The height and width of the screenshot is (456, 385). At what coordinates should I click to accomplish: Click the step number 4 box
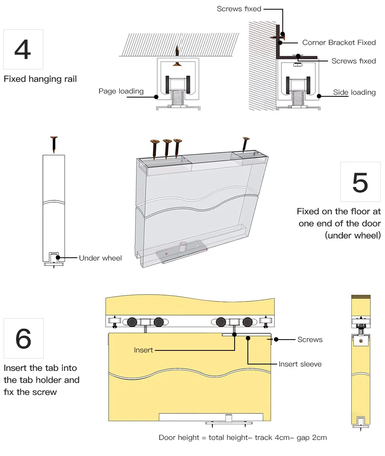click(23, 49)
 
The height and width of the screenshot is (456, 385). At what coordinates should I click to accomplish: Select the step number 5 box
click(360, 182)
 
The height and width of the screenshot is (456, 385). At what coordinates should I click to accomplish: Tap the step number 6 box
click(23, 338)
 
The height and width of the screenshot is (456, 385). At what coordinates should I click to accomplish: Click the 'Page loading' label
click(121, 91)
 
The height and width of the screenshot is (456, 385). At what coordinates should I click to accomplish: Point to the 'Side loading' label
click(354, 92)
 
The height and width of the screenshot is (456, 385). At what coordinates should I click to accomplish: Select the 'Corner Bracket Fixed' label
click(339, 43)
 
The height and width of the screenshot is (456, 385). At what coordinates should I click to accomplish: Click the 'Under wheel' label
click(100, 258)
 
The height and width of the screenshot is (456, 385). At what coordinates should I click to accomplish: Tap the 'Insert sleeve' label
click(300, 364)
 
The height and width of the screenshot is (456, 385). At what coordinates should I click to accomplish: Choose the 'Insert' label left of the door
click(144, 350)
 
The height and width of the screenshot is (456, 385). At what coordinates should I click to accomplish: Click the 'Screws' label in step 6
click(310, 340)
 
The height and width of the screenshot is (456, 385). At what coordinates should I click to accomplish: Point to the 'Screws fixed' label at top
click(239, 9)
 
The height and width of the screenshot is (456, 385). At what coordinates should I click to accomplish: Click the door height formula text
click(243, 438)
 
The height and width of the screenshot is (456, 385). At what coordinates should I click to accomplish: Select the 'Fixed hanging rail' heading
click(40, 79)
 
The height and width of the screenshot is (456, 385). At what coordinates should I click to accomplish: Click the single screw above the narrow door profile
click(54, 144)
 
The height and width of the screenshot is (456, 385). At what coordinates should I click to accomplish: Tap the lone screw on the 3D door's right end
click(245, 144)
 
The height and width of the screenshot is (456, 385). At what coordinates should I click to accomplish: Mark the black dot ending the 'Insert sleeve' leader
click(248, 338)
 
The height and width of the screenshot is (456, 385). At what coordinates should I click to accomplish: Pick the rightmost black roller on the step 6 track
click(248, 322)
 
